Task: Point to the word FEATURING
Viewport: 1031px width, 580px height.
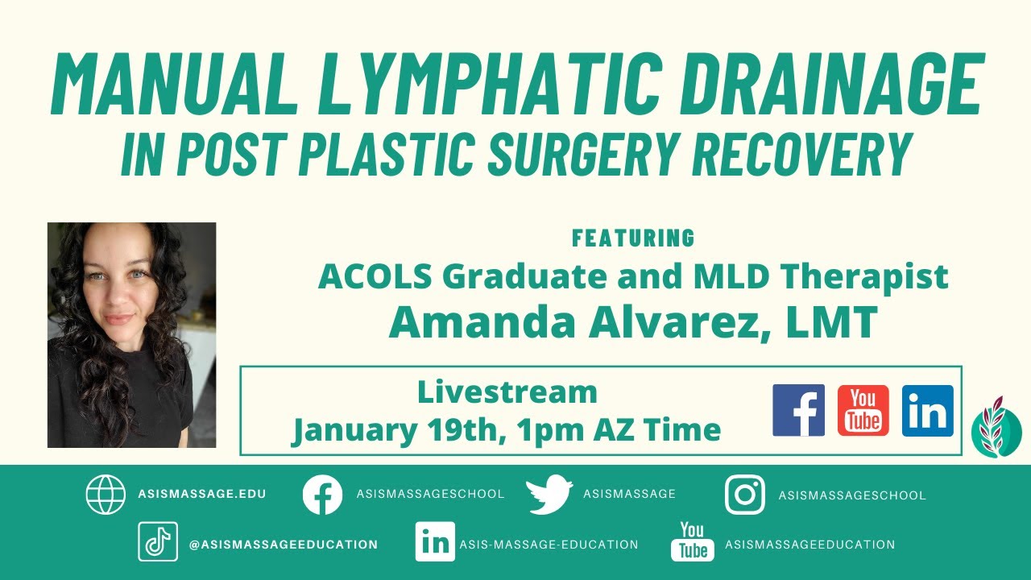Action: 633,238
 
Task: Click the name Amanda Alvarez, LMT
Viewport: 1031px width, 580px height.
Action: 632,321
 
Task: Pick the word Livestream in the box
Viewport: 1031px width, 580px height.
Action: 507,392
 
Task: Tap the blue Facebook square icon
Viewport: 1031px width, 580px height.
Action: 798,410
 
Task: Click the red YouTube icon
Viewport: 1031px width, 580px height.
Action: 863,410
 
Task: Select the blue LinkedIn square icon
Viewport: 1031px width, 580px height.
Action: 927,410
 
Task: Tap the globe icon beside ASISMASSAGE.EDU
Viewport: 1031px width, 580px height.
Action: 106,494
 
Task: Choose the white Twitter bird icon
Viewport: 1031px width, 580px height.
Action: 549,495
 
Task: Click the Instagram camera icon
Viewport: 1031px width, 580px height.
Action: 745,495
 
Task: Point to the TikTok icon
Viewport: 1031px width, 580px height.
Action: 157,542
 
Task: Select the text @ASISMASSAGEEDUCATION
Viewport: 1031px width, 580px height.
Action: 283,545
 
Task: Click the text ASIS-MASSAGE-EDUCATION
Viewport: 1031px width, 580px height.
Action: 549,545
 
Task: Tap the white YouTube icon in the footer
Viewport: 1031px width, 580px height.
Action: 692,541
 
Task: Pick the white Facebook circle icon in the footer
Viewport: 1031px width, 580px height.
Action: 322,495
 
